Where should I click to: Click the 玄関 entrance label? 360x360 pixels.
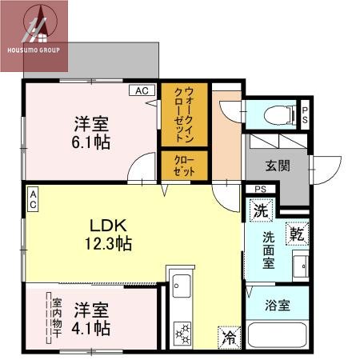tap(278, 166)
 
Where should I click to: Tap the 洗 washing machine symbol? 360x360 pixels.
tap(259, 212)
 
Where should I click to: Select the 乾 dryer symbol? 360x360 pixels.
tap(297, 234)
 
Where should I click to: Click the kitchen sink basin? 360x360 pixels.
tap(180, 286)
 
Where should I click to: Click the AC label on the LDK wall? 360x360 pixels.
tap(33, 200)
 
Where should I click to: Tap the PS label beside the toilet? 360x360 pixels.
tap(304, 113)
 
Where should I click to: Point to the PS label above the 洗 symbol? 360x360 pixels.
tap(260, 189)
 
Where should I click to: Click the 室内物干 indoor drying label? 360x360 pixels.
tap(57, 318)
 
